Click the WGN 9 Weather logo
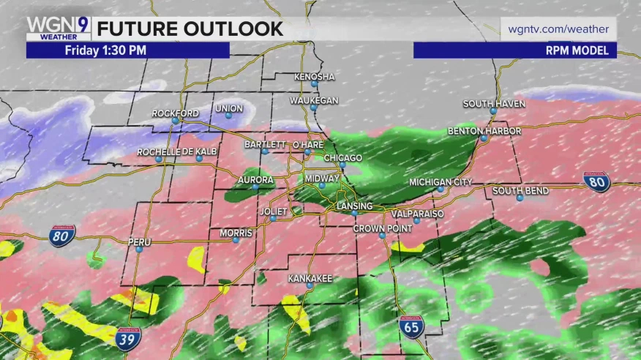(x=58, y=28)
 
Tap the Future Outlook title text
(x=190, y=29)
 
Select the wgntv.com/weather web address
(x=559, y=29)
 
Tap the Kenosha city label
(x=314, y=77)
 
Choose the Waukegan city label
(x=314, y=100)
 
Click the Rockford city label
(x=175, y=113)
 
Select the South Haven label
(x=494, y=104)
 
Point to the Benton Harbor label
(x=484, y=131)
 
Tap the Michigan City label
(x=441, y=182)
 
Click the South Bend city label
(x=520, y=191)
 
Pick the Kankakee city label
(x=310, y=279)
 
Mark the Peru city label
(x=139, y=242)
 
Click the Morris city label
(x=236, y=233)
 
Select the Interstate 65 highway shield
(x=411, y=327)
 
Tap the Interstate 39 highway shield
(x=128, y=339)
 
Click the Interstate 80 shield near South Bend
(x=596, y=182)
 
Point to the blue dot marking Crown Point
(x=381, y=236)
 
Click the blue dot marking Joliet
(x=272, y=218)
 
